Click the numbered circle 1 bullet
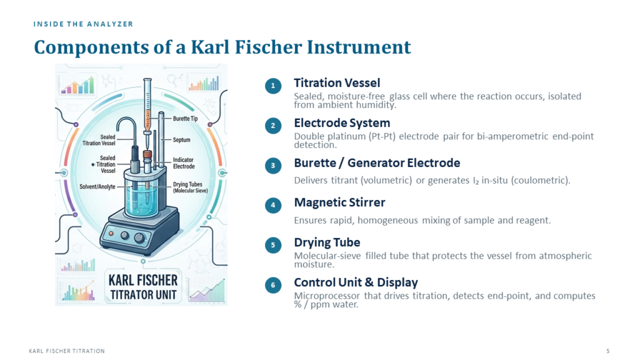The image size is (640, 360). [273, 86]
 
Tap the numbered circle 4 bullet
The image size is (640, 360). [273, 205]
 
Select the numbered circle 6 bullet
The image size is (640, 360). [273, 285]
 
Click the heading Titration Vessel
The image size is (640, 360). [337, 83]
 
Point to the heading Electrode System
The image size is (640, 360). [342, 123]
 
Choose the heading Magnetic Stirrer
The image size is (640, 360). [339, 202]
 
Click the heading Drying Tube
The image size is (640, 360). [327, 242]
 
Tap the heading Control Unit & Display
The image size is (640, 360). [356, 282]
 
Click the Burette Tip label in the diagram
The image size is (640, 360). [185, 118]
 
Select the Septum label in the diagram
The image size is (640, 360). [181, 139]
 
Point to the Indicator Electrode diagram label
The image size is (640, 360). [184, 163]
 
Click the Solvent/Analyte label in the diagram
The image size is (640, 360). [97, 187]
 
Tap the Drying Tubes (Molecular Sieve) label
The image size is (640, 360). [190, 187]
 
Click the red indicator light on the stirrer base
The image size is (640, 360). [111, 233]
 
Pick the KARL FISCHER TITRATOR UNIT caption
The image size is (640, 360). [143, 287]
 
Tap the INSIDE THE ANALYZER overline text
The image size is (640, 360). [83, 24]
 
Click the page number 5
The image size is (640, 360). [607, 351]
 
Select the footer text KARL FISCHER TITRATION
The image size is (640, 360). [67, 351]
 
